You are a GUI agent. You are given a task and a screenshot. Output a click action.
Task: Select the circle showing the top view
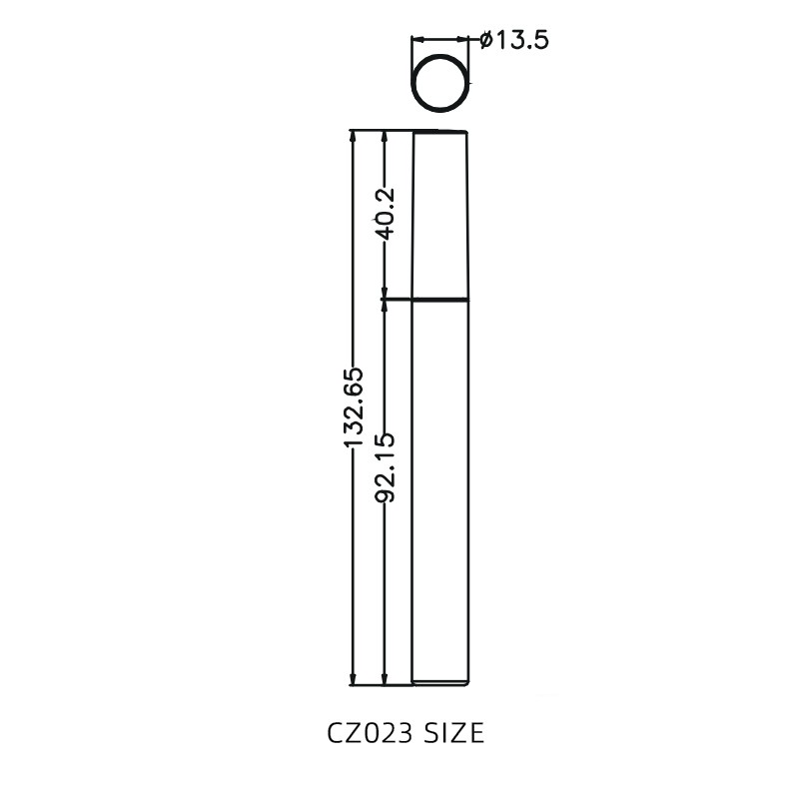click(x=440, y=85)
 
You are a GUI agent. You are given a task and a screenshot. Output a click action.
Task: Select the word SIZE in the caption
click(x=454, y=734)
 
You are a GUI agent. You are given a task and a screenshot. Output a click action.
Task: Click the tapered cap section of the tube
click(x=440, y=215)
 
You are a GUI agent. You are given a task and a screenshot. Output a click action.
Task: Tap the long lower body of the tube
click(x=440, y=489)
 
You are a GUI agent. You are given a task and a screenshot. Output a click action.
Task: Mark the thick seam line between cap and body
click(x=440, y=299)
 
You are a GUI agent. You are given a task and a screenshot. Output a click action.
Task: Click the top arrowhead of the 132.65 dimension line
click(x=353, y=138)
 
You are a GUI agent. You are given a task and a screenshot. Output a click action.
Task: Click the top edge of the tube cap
click(x=440, y=131)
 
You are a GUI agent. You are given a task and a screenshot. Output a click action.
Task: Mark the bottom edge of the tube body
click(x=440, y=685)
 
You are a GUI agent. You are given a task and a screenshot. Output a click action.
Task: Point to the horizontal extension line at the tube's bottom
click(x=380, y=686)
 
